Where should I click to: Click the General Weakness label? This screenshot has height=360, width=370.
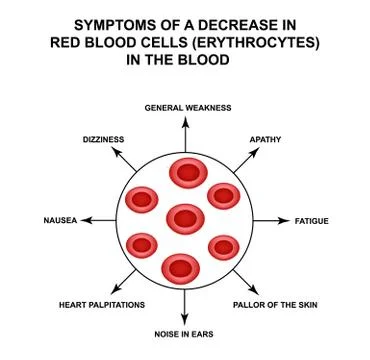tap(188, 107)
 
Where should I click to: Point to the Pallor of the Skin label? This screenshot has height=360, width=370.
tap(274, 303)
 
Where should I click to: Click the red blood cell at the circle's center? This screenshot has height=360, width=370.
tap(185, 217)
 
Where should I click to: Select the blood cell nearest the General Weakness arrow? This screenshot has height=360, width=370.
tap(186, 173)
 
